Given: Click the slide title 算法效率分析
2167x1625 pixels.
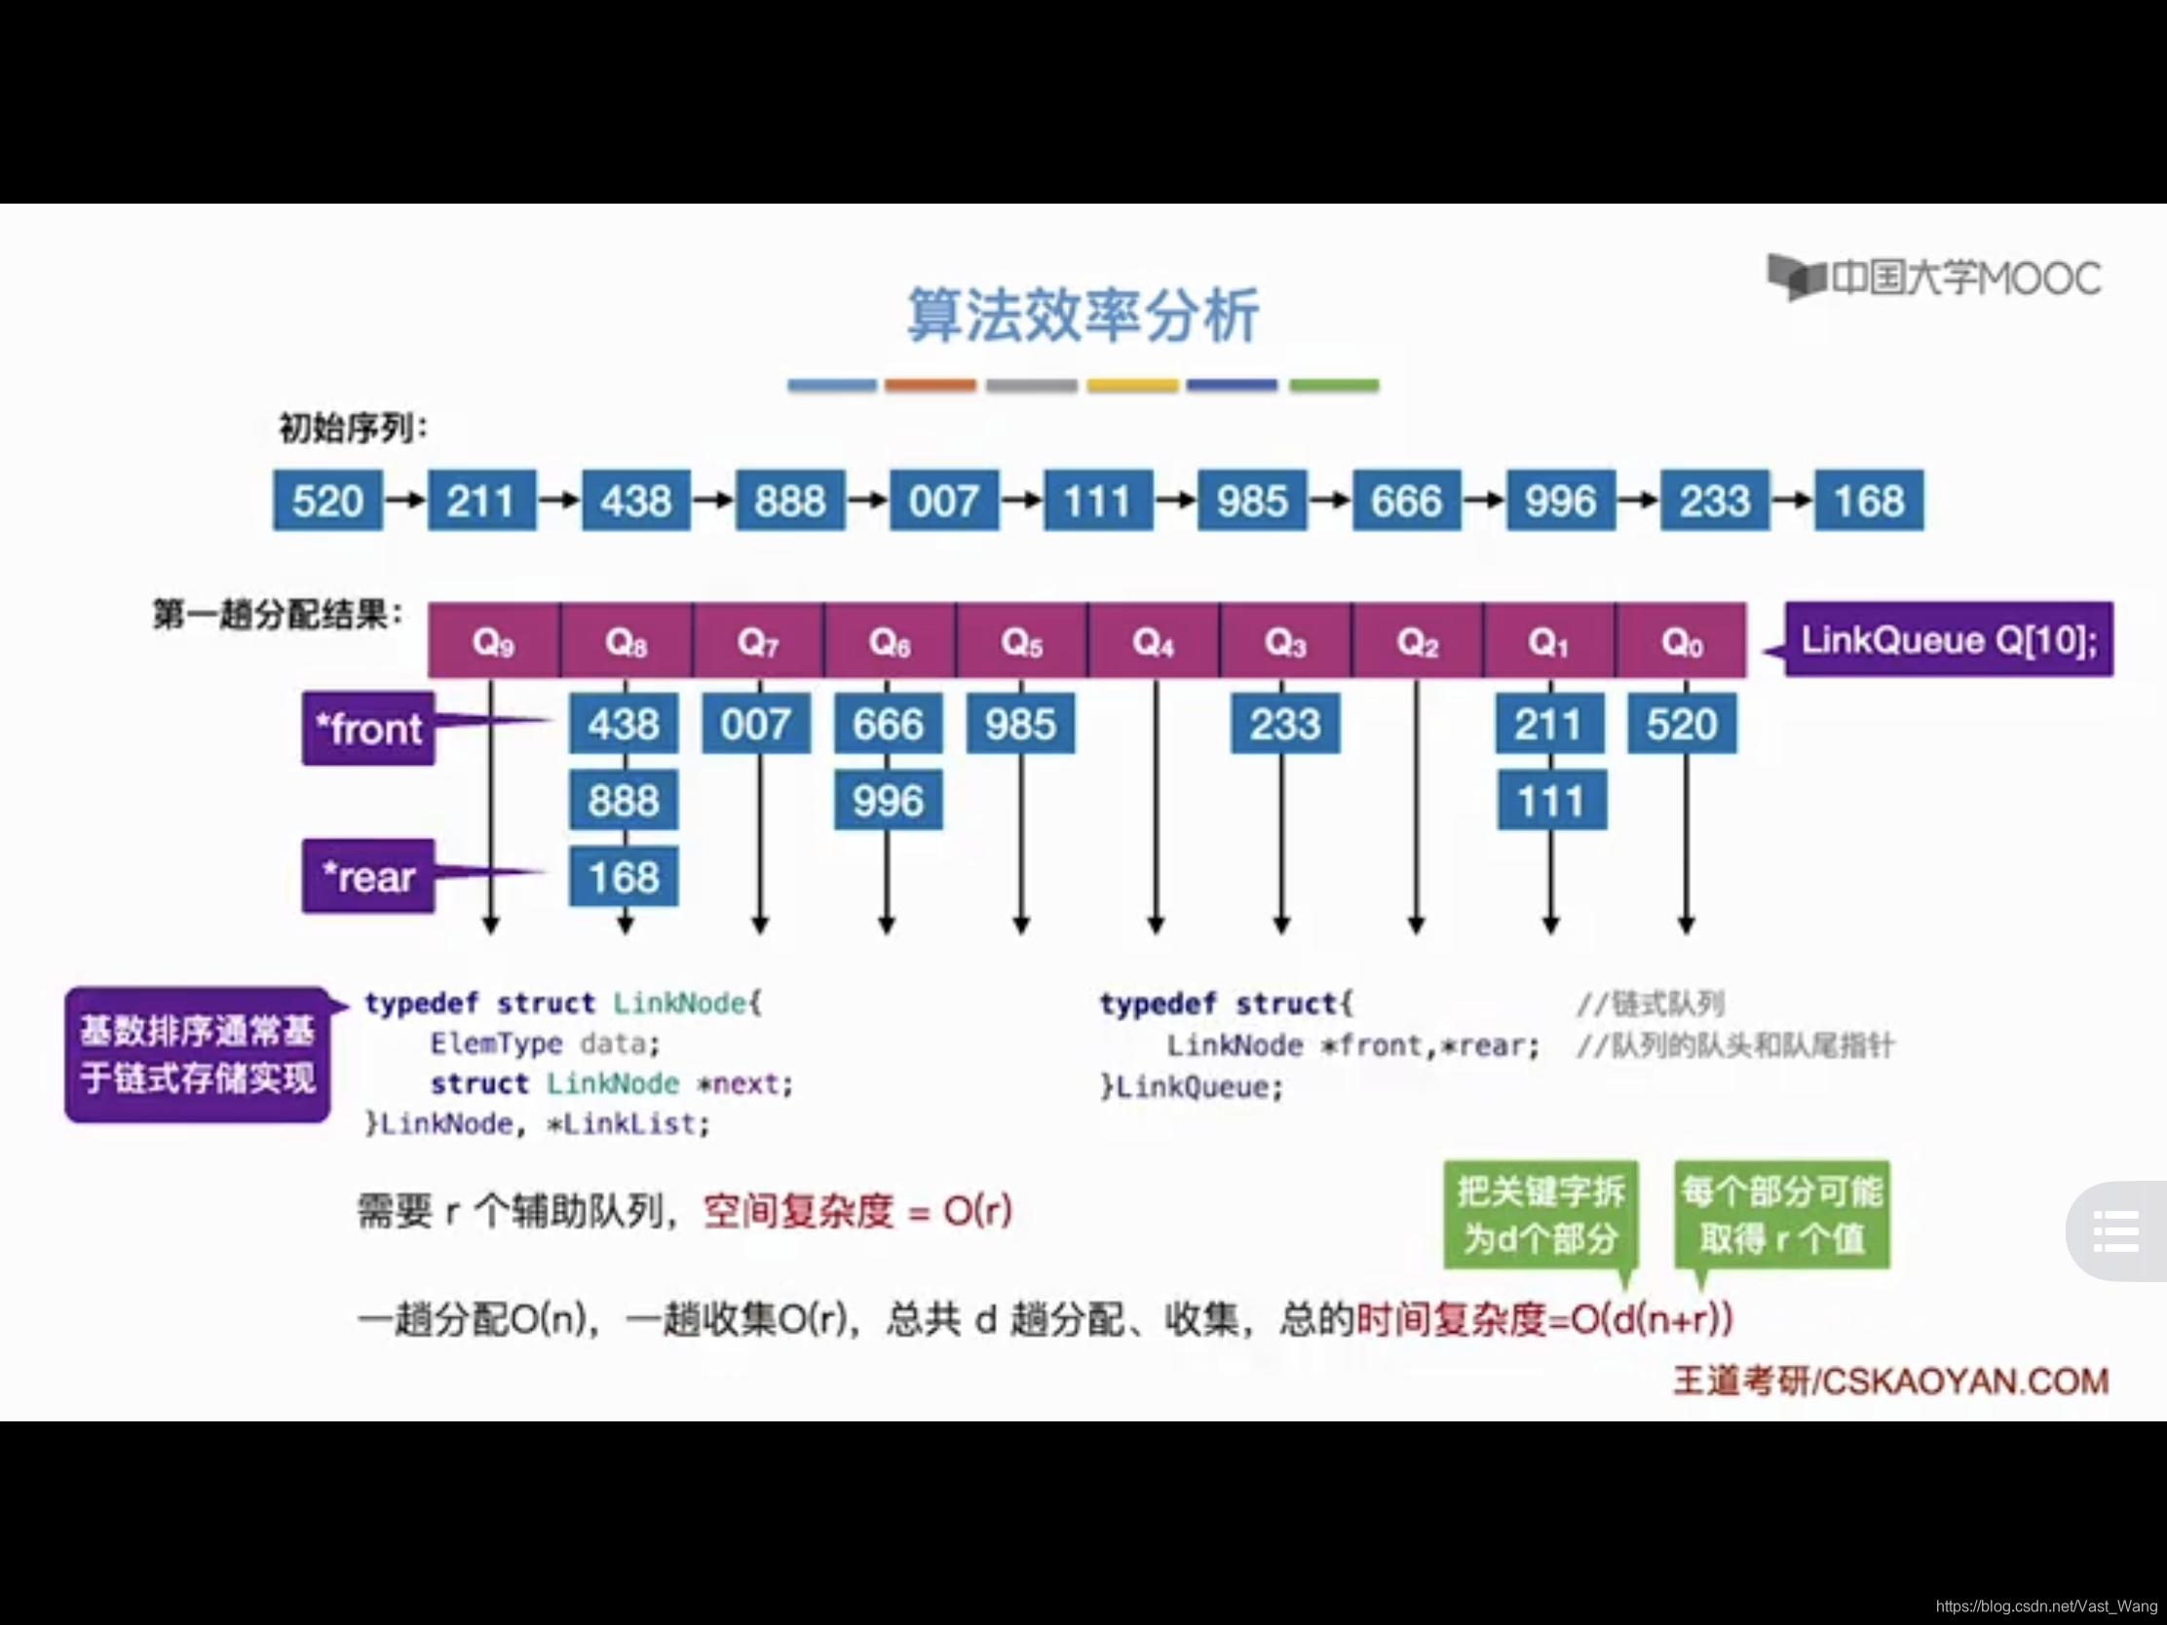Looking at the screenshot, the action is point(1083,316).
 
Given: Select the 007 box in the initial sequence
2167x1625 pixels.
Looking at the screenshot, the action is point(943,501).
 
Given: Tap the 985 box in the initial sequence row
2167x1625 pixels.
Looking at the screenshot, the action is point(1251,501).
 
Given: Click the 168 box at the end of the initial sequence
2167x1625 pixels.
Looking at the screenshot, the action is point(1868,501).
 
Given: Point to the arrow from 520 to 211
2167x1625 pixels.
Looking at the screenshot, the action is point(404,501).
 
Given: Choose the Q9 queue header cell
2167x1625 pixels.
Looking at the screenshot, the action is point(493,642).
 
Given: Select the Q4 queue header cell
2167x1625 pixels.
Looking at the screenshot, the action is point(1153,642).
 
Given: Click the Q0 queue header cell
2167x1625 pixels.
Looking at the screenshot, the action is point(1681,642).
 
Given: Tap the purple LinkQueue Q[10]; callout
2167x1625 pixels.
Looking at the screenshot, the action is point(1949,640).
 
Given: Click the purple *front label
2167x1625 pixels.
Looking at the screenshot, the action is point(368,729).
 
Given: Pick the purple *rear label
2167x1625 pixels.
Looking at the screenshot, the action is point(368,877).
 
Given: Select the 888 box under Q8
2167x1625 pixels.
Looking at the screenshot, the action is point(623,800).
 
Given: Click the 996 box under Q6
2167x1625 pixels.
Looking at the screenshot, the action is point(888,800).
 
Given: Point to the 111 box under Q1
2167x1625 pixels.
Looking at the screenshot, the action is point(1551,801).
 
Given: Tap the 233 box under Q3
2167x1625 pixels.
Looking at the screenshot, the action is point(1284,724).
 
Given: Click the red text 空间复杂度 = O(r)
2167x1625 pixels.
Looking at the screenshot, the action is point(857,1212).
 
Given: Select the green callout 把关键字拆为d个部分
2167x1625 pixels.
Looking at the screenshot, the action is point(1540,1215).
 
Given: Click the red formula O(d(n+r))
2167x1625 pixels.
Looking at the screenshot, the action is point(1652,1319).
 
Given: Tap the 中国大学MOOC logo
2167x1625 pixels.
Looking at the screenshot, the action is point(1935,279).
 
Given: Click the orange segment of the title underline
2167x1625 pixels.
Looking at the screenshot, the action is point(931,386).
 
